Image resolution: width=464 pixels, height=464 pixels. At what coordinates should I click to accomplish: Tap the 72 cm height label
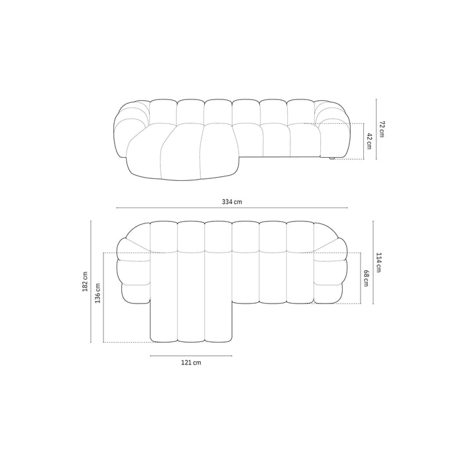click(382, 129)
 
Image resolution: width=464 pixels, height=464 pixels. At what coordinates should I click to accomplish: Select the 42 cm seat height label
click(370, 141)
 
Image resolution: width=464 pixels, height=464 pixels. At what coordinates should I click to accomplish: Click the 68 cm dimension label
click(366, 278)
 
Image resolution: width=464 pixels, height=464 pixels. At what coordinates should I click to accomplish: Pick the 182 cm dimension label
click(84, 282)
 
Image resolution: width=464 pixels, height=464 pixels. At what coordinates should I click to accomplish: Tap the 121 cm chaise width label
click(191, 363)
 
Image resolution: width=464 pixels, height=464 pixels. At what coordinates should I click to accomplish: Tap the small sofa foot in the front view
click(331, 158)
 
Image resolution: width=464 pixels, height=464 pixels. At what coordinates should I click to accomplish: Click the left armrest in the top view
click(134, 272)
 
